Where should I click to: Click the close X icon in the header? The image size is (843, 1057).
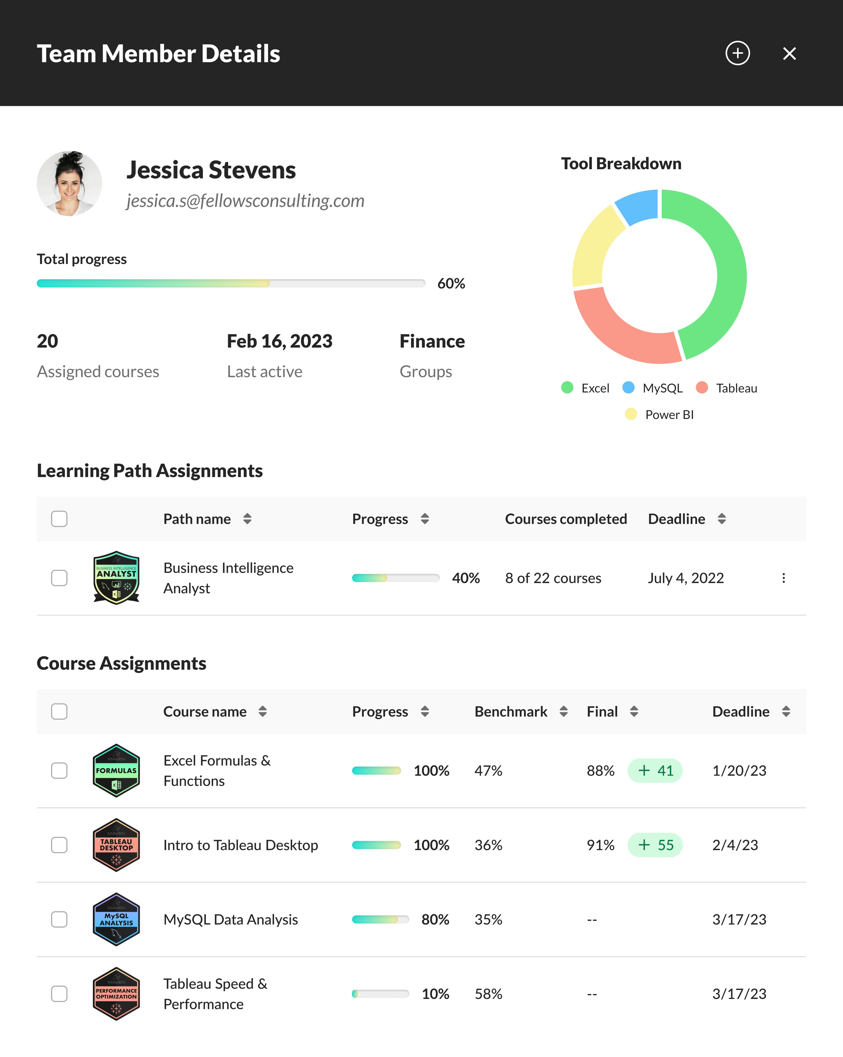789,53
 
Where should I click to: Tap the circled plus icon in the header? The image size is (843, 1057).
738,53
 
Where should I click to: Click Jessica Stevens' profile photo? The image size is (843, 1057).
69,183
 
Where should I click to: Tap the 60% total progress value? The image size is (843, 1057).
451,283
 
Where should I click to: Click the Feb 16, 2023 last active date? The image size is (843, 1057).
279,341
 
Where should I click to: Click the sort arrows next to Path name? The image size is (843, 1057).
247,519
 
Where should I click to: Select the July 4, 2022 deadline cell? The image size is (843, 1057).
685,578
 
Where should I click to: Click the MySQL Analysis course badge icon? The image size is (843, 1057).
116,919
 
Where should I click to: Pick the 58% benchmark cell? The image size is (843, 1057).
488,994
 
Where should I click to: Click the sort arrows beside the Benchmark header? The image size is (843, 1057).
563,711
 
